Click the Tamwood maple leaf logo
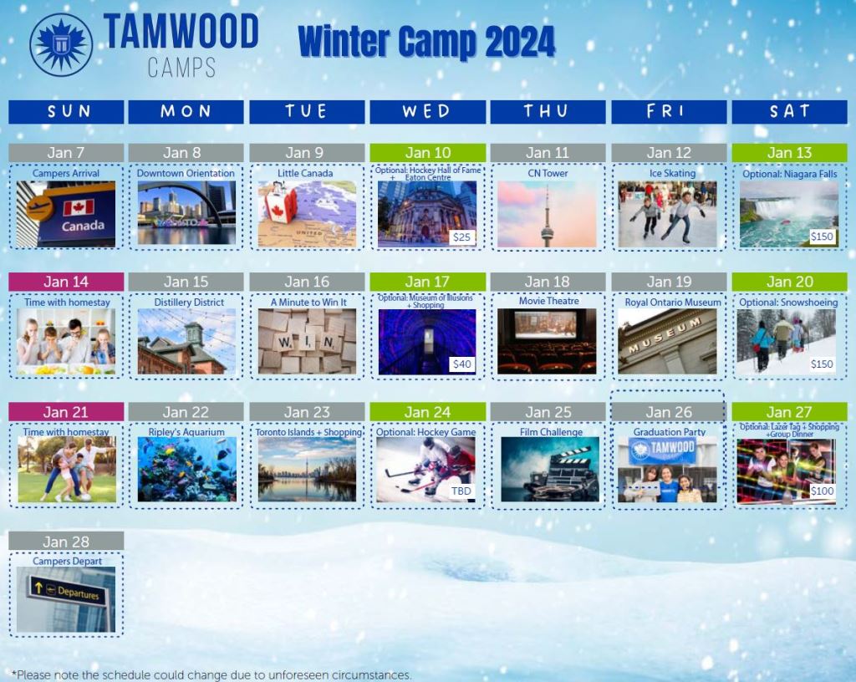coord(61,45)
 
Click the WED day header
coord(427,112)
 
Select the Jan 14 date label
coord(66,282)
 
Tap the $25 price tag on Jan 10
coord(461,237)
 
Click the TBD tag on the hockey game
coord(461,491)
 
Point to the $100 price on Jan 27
coord(822,491)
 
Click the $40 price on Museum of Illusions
coord(461,364)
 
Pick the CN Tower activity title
coord(548,173)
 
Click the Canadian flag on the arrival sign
coord(79,208)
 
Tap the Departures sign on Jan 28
coord(66,591)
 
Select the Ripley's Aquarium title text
coord(186,431)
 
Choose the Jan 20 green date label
coord(789,282)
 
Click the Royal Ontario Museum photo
coord(667,342)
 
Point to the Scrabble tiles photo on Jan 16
coord(307,342)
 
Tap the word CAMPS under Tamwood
coord(181,68)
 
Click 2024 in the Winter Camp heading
coord(519,42)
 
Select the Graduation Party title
coord(670,431)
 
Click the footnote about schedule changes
coord(211,675)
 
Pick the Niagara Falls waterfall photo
coord(789,215)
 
